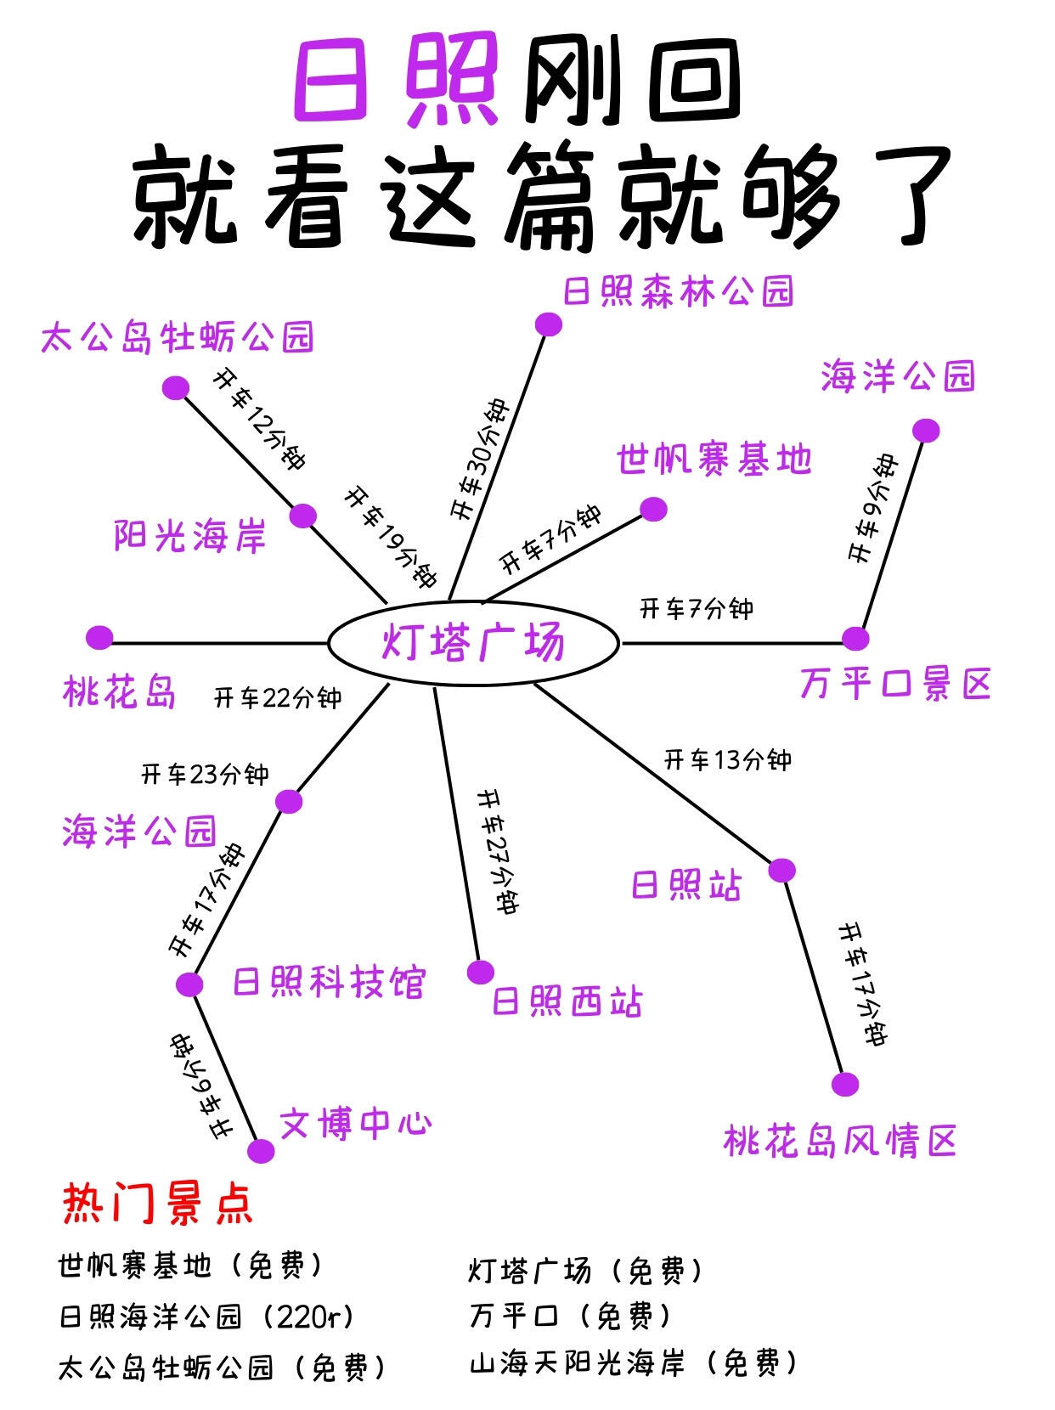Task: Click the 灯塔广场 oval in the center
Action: [473, 642]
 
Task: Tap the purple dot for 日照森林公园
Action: [549, 324]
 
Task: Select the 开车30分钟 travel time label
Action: [479, 460]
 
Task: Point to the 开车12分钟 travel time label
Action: [258, 419]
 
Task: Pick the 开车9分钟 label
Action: [872, 508]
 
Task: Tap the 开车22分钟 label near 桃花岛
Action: [277, 698]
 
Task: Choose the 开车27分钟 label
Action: [498, 851]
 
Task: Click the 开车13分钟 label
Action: [727, 759]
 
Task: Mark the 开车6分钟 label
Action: [199, 1086]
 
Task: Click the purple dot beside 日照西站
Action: [481, 972]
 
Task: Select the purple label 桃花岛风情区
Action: [840, 1141]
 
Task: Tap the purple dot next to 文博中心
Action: [261, 1151]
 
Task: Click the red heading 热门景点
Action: [157, 1203]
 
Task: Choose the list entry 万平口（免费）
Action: [571, 1317]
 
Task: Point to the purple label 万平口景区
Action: [895, 684]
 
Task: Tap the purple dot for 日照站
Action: [781, 870]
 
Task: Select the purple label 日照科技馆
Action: [328, 983]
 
